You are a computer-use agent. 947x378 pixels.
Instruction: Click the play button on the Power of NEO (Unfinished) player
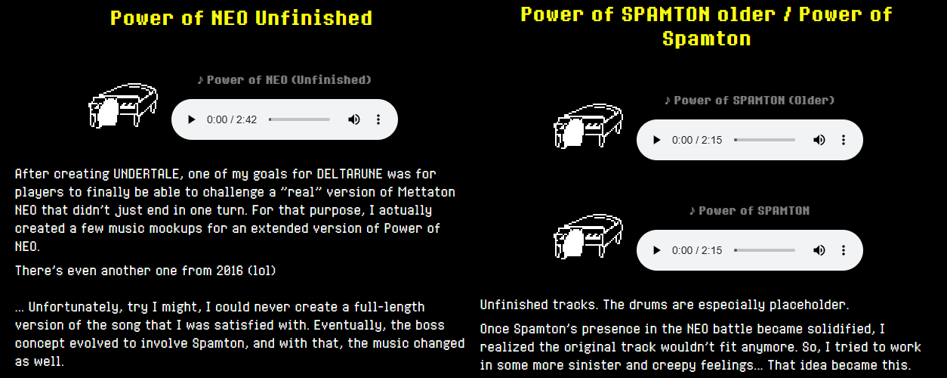(x=191, y=119)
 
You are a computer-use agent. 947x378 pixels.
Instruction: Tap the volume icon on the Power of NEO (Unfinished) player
(x=354, y=119)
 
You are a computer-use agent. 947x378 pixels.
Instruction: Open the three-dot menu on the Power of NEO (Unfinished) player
(x=378, y=119)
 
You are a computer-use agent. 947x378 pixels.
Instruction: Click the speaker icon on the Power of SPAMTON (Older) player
(x=819, y=140)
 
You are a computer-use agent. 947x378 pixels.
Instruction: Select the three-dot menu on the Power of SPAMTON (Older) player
(x=844, y=140)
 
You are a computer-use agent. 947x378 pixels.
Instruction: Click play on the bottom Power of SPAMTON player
(x=656, y=250)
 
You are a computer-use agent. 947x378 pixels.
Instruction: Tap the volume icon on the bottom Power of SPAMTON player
(x=819, y=250)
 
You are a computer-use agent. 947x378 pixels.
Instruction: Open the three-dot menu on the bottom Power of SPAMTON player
(x=844, y=250)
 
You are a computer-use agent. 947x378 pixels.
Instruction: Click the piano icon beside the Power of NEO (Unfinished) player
(x=123, y=105)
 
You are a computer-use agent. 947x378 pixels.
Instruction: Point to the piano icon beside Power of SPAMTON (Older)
(x=588, y=125)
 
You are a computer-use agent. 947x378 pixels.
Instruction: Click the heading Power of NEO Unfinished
(x=242, y=18)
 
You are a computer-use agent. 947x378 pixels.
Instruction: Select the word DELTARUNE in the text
(x=350, y=174)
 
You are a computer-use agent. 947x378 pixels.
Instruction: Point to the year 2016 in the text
(x=230, y=271)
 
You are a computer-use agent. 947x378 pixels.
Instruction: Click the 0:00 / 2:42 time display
(x=232, y=119)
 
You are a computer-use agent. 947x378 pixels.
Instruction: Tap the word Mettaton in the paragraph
(x=426, y=192)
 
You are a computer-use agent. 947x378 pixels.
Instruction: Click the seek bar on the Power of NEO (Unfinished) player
(x=299, y=119)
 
